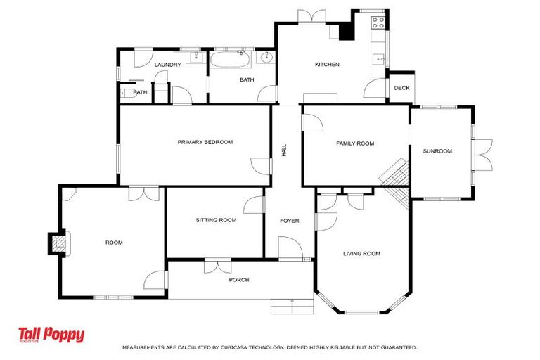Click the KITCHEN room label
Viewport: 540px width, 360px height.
[327, 65]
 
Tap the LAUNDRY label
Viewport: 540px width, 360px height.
[168, 65]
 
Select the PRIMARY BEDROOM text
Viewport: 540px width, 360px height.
[205, 142]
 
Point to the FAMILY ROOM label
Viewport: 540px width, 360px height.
[355, 143]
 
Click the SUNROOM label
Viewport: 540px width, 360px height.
[437, 151]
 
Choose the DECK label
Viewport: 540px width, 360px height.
[401, 88]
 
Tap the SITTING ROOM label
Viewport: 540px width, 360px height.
[216, 220]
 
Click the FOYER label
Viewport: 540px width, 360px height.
[290, 221]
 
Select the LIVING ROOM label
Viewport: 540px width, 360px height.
[361, 254]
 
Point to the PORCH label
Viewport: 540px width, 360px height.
[239, 280]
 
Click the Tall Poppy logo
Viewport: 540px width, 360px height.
[51, 335]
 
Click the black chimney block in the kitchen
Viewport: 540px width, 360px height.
[346, 32]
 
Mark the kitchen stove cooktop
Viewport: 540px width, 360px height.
[378, 22]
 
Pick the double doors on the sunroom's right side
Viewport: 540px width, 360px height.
[484, 155]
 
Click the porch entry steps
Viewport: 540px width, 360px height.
[292, 306]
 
